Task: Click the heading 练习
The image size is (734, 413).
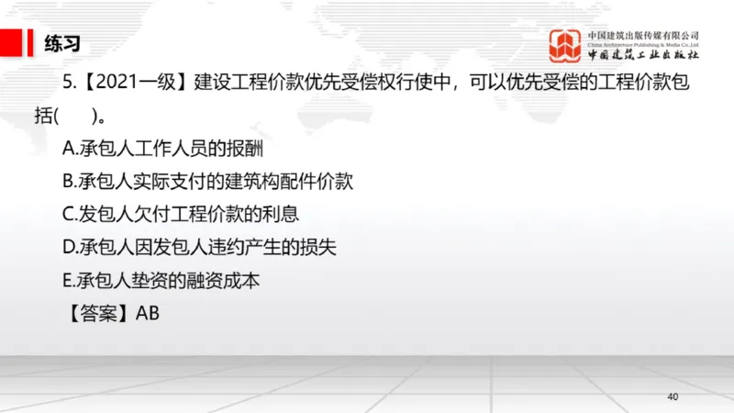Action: (x=63, y=42)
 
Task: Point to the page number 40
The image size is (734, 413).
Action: (x=673, y=396)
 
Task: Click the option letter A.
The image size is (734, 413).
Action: (x=68, y=148)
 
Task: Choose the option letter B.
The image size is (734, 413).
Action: (x=68, y=181)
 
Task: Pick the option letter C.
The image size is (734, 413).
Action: (x=68, y=214)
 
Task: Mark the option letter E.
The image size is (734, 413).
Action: (x=67, y=280)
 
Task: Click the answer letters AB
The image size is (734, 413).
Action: (x=148, y=313)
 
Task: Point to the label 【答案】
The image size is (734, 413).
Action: (x=96, y=313)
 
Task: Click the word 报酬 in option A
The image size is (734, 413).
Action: (x=245, y=148)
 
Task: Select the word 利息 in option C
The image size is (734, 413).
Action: (x=281, y=214)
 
